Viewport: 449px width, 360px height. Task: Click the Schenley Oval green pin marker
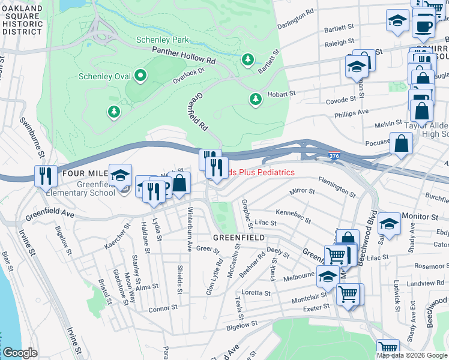click(x=141, y=76)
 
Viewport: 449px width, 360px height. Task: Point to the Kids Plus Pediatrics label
click(x=262, y=172)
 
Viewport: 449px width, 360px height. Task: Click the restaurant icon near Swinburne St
click(x=46, y=176)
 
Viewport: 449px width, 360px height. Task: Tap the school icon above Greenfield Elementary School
click(x=120, y=175)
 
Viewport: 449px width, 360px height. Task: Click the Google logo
click(x=19, y=353)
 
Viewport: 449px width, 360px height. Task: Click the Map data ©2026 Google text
click(x=412, y=355)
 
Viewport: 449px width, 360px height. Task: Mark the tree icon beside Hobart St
click(x=256, y=98)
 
